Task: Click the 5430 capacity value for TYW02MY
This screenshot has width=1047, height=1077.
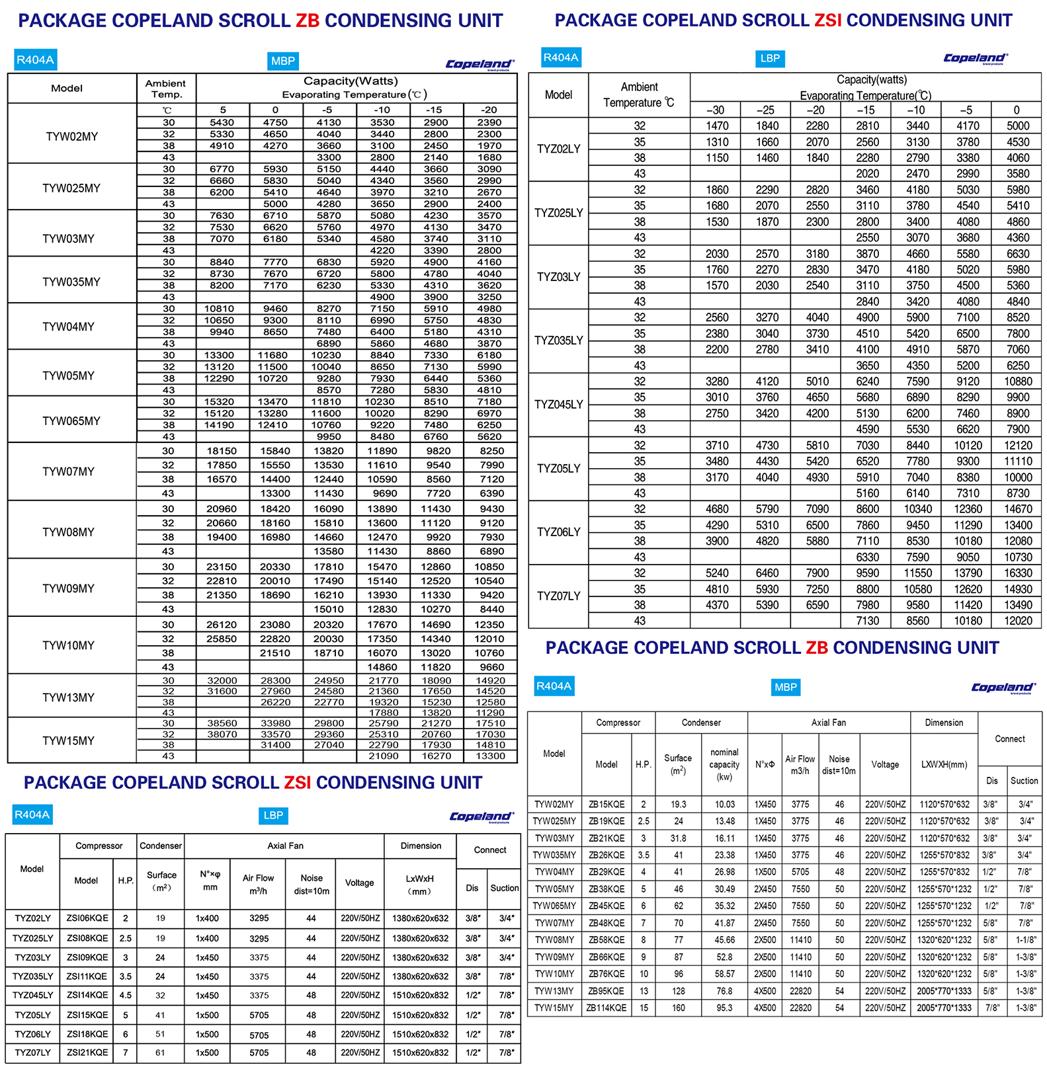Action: click(x=222, y=122)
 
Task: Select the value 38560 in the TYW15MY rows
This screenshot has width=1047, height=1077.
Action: click(x=222, y=723)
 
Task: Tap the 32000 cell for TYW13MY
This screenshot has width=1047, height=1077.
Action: click(x=222, y=680)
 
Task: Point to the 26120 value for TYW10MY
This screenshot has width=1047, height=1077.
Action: click(x=222, y=625)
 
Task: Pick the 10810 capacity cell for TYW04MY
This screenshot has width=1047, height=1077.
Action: click(x=219, y=309)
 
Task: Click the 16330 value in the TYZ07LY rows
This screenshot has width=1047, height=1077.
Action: click(x=1018, y=573)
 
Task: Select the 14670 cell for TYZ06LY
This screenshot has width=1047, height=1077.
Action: click(x=1018, y=509)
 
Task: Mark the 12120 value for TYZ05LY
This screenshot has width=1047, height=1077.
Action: click(x=1018, y=446)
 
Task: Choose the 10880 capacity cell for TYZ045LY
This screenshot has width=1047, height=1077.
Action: click(x=1018, y=381)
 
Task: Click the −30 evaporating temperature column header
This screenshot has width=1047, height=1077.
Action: click(x=715, y=110)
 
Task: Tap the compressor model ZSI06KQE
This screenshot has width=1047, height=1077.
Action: click(x=87, y=918)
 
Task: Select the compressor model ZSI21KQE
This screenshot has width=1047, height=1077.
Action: click(x=87, y=1053)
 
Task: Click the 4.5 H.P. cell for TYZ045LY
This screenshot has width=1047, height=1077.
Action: click(x=125, y=995)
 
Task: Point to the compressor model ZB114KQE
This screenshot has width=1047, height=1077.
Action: click(x=607, y=1008)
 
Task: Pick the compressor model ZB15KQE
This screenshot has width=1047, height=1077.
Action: click(x=607, y=805)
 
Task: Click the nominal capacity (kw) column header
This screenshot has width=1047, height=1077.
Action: click(x=724, y=764)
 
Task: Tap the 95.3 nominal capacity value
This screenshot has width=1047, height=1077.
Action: click(x=724, y=1008)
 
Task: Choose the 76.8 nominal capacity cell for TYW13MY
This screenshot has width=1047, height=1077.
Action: click(x=724, y=991)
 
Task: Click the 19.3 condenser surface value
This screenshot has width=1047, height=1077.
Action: click(x=679, y=805)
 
